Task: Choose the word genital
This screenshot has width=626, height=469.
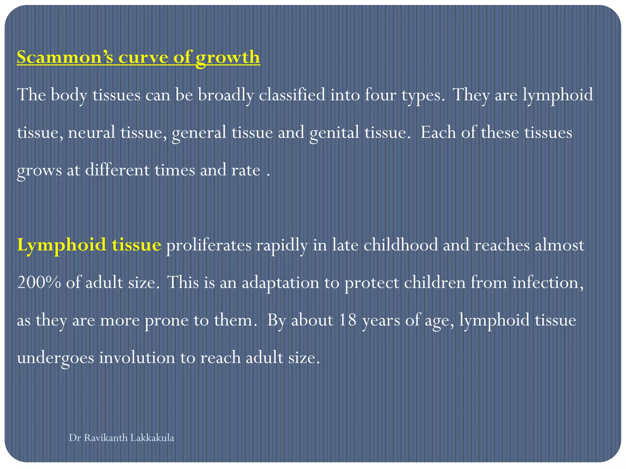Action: click(x=334, y=133)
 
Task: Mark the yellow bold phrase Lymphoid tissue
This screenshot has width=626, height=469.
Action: click(x=89, y=245)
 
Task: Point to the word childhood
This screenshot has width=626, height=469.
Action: click(x=400, y=245)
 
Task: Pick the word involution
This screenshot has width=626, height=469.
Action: click(x=137, y=358)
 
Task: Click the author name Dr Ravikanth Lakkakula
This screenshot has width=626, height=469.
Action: click(x=121, y=438)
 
